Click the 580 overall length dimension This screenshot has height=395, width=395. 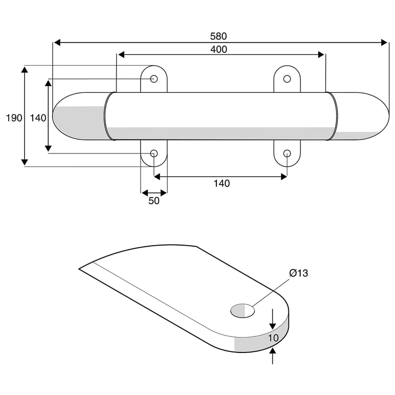tap(219, 36)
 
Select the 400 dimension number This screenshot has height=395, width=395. tap(219, 49)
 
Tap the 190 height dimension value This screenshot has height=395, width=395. tap(14, 118)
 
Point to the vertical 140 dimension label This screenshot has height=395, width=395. tap(38, 118)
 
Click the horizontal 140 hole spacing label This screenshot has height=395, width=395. tap(222, 184)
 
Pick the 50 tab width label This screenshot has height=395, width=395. tap(154, 201)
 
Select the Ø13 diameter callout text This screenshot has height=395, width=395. tap(299, 273)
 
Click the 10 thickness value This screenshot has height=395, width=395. tap(273, 338)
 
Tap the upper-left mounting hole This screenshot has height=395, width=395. tap(154, 79)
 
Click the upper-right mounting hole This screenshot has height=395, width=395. tap(287, 79)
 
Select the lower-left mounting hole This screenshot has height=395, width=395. tap(154, 153)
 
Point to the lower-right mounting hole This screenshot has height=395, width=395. tap(287, 153)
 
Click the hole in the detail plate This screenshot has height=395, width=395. tap(243, 310)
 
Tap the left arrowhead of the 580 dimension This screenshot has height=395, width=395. tap(57, 43)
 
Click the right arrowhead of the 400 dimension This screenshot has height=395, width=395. tap(321, 55)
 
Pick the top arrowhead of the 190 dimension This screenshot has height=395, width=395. tap(25, 69)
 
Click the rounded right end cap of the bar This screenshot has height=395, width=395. tap(360, 116)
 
